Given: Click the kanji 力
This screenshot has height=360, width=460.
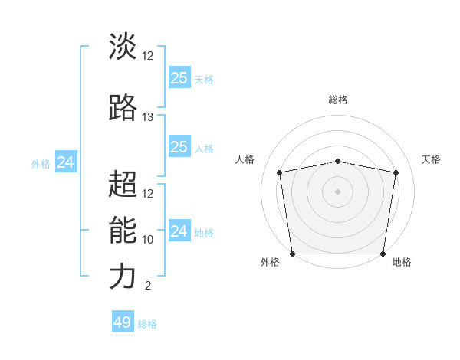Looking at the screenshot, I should pyautogui.click(x=123, y=277).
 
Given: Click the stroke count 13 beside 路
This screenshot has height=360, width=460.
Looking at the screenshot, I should pyautogui.click(x=148, y=117).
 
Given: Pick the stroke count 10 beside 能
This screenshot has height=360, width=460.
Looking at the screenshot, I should pyautogui.click(x=148, y=240).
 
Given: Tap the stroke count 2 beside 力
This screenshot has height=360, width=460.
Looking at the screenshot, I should pyautogui.click(x=147, y=286).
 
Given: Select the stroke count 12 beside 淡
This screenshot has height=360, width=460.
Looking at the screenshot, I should pyautogui.click(x=148, y=56).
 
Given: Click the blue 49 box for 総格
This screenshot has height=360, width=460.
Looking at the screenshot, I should pyautogui.click(x=123, y=322).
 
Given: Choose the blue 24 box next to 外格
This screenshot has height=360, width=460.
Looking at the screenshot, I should pyautogui.click(x=66, y=162).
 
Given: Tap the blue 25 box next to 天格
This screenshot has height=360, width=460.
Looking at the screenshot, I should pyautogui.click(x=179, y=78).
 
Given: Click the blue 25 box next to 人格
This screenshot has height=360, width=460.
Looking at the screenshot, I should pyautogui.click(x=179, y=147).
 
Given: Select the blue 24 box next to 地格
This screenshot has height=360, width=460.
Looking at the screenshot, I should pyautogui.click(x=179, y=231).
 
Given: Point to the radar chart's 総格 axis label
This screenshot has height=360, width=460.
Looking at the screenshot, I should pyautogui.click(x=338, y=100).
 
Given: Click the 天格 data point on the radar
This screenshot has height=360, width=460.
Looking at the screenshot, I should pyautogui.click(x=396, y=172).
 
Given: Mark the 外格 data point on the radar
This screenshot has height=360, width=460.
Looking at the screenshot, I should pyautogui.click(x=292, y=254).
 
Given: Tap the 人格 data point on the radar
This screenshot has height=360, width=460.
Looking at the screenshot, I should pyautogui.click(x=280, y=172).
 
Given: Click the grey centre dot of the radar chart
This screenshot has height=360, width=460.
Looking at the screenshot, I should pyautogui.click(x=338, y=191).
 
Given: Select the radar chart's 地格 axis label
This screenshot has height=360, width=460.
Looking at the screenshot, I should pyautogui.click(x=402, y=263).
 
